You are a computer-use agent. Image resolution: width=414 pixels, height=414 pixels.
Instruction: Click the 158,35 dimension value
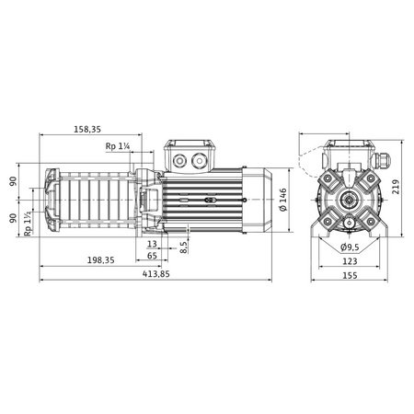[x=87, y=129]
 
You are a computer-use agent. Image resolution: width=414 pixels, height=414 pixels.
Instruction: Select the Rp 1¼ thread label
[x=118, y=146]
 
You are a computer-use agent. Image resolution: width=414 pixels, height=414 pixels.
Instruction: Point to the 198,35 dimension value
[x=101, y=260]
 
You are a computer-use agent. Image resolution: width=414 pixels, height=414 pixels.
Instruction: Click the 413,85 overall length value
[x=156, y=274]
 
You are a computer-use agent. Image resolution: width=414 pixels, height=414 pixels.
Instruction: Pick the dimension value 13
[x=152, y=244]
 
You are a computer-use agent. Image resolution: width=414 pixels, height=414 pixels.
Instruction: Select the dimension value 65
[x=152, y=255]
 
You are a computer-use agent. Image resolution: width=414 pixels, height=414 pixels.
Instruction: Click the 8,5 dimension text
[x=183, y=247]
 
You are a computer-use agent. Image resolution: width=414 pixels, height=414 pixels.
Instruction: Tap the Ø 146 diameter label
[x=283, y=200]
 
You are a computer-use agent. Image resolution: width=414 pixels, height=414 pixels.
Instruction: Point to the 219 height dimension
[x=396, y=187]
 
